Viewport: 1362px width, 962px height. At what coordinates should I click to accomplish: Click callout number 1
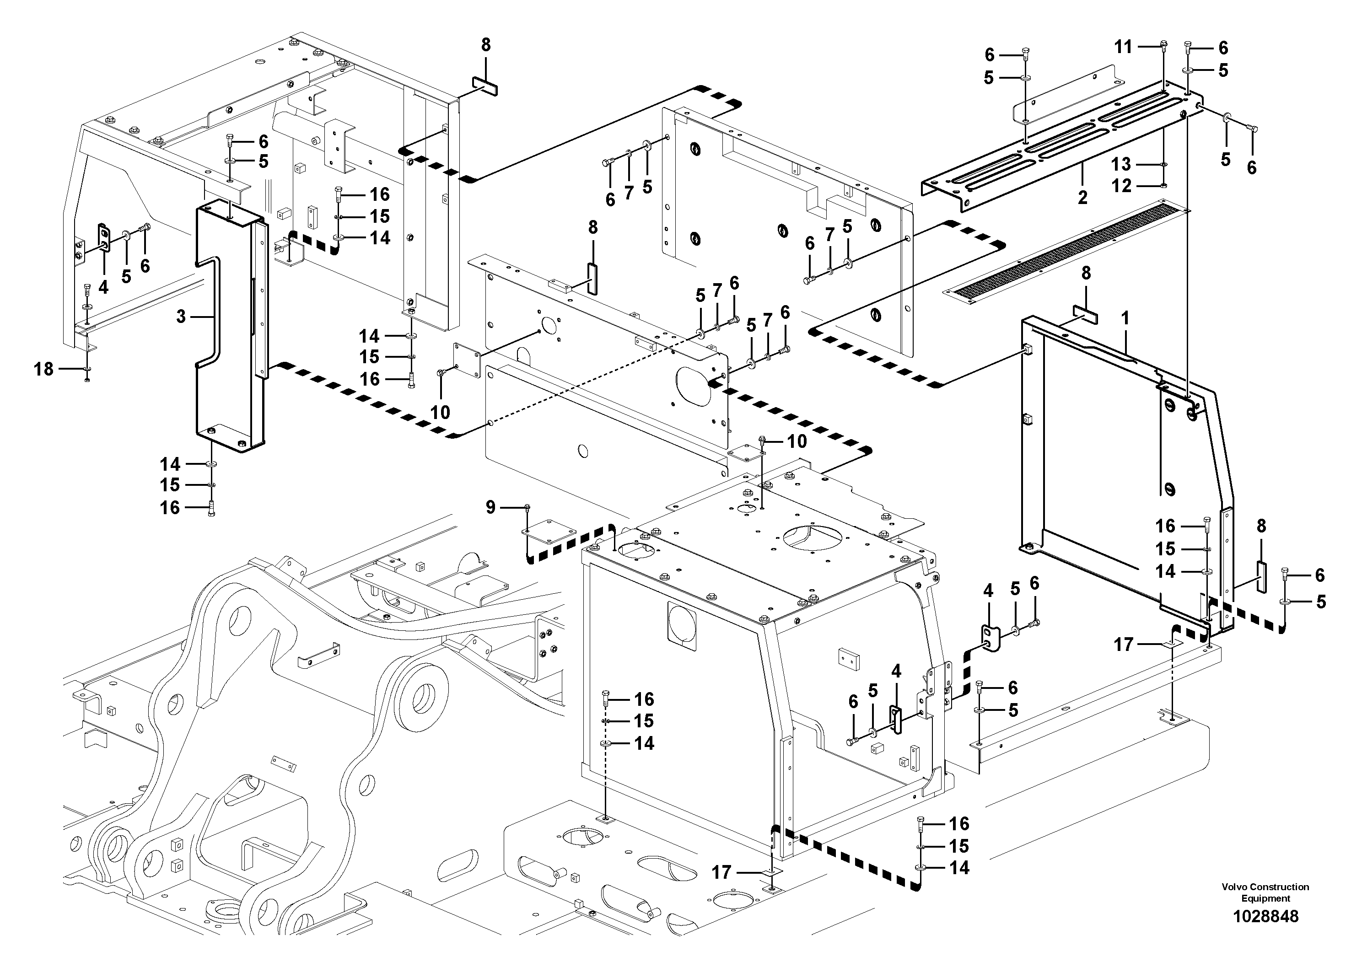tap(1124, 318)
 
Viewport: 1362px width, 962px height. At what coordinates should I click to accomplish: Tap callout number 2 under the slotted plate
tap(1082, 198)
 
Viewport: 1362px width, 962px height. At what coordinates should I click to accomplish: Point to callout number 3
tap(181, 317)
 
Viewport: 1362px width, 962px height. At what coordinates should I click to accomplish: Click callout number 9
tap(490, 507)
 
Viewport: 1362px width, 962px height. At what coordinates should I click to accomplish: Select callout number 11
tap(1123, 46)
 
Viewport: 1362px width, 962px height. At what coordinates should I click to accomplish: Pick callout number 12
tap(1121, 186)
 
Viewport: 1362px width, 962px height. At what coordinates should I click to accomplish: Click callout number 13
tap(1121, 164)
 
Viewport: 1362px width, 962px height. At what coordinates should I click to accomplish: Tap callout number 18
tap(43, 370)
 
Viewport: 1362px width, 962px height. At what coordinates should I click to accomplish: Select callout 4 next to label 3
tap(103, 288)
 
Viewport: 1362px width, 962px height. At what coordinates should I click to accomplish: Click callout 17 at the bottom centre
tap(721, 872)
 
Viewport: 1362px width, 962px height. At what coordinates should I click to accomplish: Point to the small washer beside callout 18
tap(88, 370)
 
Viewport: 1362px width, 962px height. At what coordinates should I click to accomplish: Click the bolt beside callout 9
tap(527, 507)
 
